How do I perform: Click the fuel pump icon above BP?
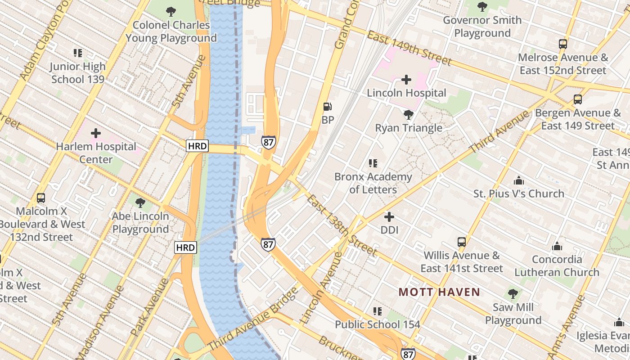coord(328,107)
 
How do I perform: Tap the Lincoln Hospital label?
coord(406,93)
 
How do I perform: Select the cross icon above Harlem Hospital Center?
coord(95,133)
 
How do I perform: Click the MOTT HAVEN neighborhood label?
coord(439,292)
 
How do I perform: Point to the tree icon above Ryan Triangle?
coord(409,114)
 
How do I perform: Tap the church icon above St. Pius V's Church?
coord(518,180)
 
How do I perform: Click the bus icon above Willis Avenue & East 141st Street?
coord(461,242)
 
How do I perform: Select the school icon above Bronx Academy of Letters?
coord(373,163)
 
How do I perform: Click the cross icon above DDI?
coord(389,217)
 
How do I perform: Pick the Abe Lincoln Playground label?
coord(140,223)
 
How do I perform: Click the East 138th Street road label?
coord(342,225)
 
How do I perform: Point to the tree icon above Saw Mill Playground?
coord(513,294)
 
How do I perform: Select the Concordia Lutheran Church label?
coord(557,266)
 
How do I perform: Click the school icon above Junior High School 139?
coord(78,53)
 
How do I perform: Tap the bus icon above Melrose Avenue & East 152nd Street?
coord(562,44)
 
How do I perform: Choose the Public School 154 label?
coord(378,324)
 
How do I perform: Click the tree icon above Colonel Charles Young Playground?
coord(171,12)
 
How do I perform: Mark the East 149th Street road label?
coord(409,48)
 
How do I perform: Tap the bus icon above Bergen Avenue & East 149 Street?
coord(577,99)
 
